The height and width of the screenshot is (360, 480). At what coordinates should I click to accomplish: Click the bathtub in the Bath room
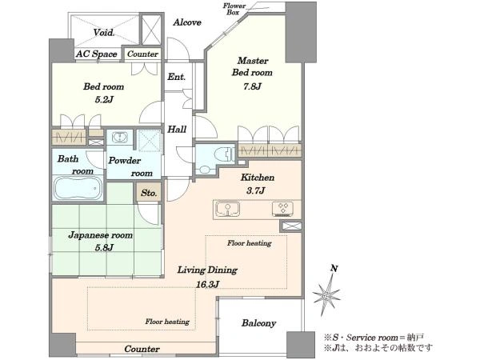78,188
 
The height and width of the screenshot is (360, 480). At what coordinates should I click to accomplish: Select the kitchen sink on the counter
227,209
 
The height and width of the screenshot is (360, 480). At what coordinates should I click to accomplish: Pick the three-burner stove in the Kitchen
282,209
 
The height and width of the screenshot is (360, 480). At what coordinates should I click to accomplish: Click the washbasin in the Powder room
119,137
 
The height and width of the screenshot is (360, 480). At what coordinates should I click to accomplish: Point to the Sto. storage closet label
149,193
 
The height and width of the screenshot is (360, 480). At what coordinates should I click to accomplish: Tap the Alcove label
187,22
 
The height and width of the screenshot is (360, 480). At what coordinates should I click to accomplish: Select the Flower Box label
234,9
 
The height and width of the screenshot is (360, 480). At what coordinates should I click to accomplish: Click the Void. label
104,32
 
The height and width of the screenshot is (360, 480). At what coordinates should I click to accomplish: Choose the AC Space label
97,54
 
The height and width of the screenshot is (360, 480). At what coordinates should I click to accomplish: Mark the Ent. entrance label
176,77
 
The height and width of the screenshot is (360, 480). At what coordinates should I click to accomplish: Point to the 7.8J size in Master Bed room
252,86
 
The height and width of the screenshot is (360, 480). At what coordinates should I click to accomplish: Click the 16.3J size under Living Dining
207,284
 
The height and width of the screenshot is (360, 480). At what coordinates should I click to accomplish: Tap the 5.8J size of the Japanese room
104,247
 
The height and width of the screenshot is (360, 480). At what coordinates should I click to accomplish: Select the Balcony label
258,323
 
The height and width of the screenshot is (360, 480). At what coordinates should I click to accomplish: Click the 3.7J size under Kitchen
256,190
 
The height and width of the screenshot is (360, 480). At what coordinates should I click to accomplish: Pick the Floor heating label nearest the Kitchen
249,243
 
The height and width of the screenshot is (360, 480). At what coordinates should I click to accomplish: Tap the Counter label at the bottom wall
142,349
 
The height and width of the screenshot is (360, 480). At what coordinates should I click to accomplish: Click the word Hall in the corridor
177,129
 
